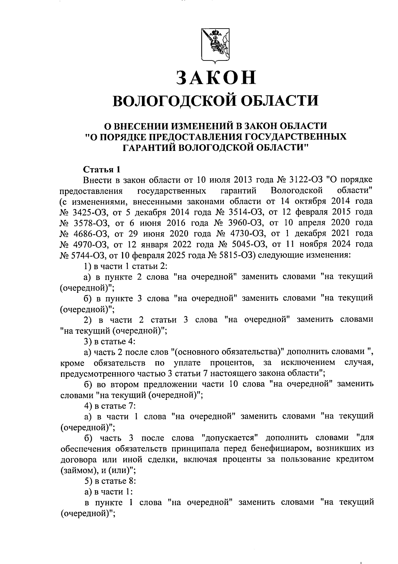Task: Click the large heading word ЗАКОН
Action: tap(216, 77)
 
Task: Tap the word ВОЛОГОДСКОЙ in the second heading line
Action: tap(172, 100)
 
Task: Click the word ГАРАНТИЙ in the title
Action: tap(148, 147)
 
